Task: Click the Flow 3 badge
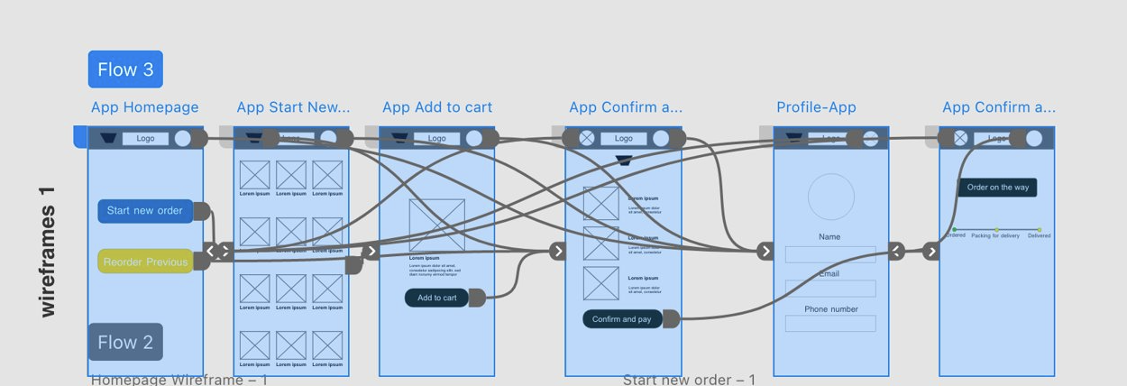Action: point(125,69)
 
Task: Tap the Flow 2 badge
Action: point(125,342)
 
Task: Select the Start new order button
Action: point(145,211)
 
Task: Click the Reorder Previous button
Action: point(145,262)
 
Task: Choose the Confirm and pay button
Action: point(622,319)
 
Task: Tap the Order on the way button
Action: point(997,188)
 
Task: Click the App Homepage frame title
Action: point(144,107)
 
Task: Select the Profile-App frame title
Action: point(816,107)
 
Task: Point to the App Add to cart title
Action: point(437,107)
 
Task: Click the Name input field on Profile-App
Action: point(830,255)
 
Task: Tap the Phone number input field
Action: point(830,324)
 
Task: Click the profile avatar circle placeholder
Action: point(830,198)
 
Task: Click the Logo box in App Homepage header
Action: point(145,139)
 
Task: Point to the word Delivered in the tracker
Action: point(1039,235)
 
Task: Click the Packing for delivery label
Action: point(995,235)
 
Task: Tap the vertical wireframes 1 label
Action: point(48,253)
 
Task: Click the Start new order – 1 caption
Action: point(689,380)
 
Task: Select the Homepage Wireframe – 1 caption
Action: point(179,380)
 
